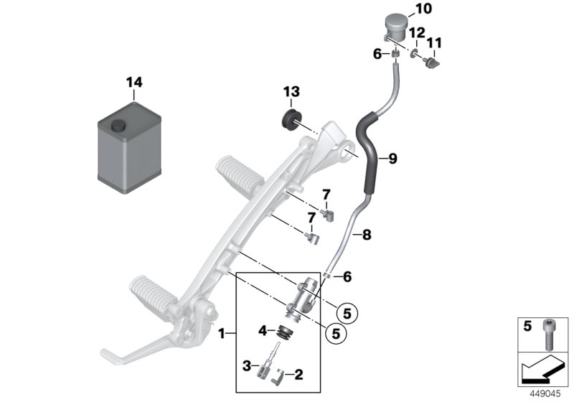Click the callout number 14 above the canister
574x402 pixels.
pyautogui.click(x=134, y=83)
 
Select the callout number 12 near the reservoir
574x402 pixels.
pyautogui.click(x=417, y=34)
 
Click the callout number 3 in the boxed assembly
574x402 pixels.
pyautogui.click(x=245, y=366)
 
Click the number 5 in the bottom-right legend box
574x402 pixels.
pyautogui.click(x=527, y=326)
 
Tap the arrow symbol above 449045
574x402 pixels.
pyautogui.click(x=542, y=369)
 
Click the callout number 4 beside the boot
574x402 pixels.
pyautogui.click(x=263, y=330)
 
